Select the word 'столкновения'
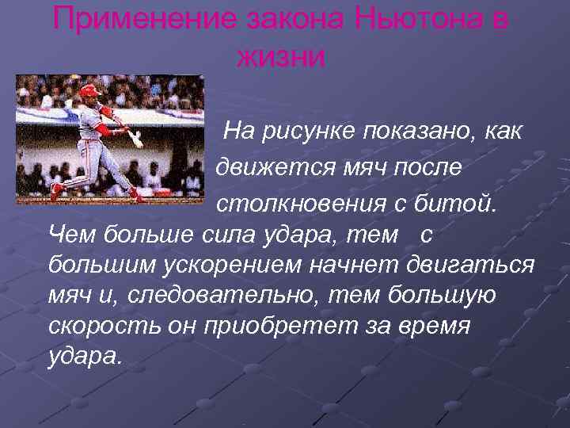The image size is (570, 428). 298,204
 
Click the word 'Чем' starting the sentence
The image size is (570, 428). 69,235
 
